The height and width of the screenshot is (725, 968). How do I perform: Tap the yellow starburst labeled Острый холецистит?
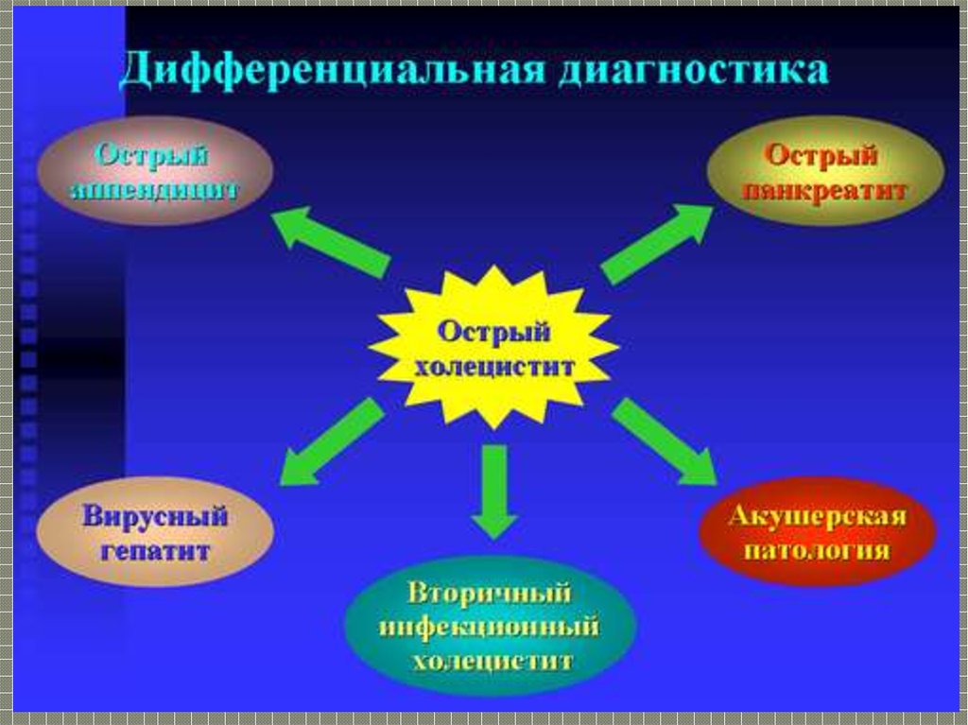click(493, 348)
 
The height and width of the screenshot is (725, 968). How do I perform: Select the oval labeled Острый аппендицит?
click(154, 171)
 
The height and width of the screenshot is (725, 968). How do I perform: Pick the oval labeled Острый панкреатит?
click(824, 171)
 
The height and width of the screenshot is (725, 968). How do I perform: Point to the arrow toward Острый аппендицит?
click(330, 241)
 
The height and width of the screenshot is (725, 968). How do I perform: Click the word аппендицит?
click(154, 189)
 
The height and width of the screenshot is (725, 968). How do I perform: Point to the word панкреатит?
click(824, 190)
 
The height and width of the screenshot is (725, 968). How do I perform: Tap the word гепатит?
click(155, 550)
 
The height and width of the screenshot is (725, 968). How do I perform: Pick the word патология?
click(817, 550)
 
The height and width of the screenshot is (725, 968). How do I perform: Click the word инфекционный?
click(490, 627)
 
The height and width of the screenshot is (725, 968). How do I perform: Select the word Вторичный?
click(490, 595)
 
